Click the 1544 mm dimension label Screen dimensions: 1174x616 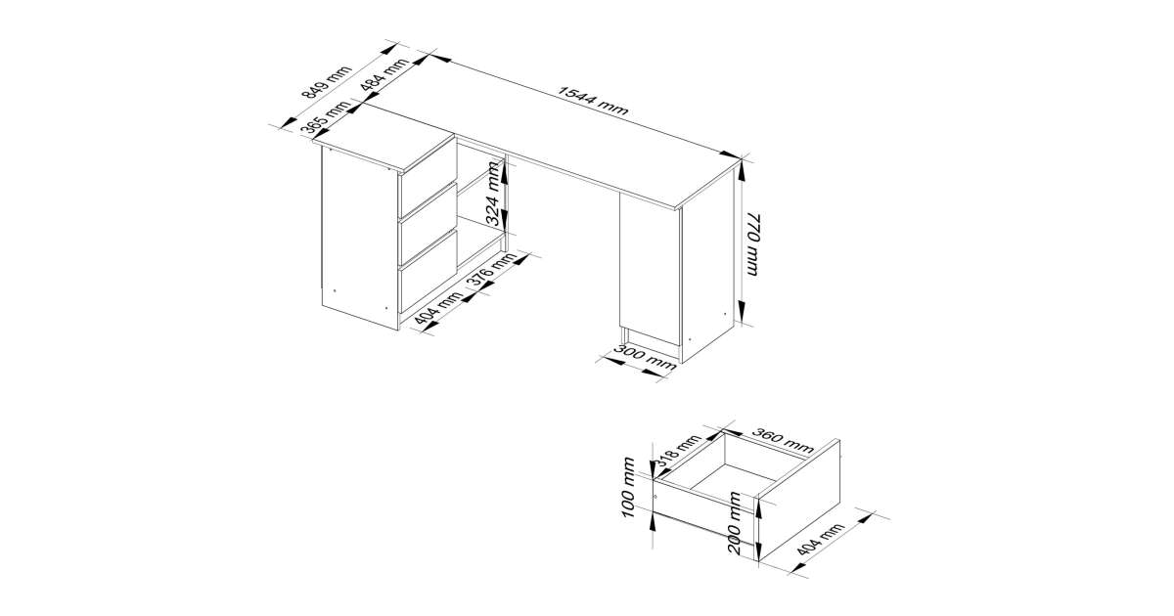coord(592,101)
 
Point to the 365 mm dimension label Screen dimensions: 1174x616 coord(326,123)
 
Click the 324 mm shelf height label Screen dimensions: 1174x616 coord(493,194)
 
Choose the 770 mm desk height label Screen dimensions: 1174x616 coord(751,244)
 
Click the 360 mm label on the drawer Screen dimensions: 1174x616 coord(783,441)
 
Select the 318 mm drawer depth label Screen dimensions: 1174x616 coord(679,450)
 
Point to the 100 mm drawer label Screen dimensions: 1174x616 coord(628,487)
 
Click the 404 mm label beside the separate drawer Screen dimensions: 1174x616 coord(820,540)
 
